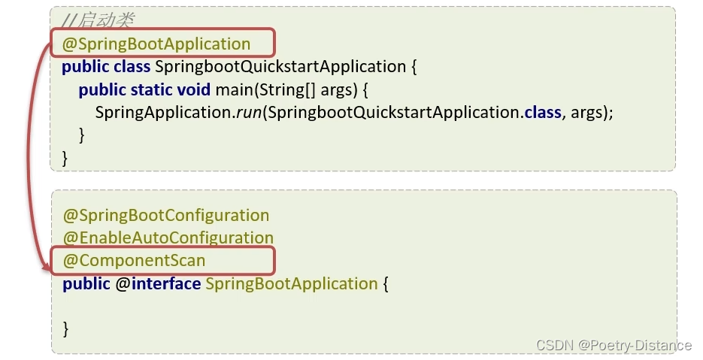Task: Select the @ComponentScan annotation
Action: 134,260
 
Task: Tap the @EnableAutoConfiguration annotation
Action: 168,238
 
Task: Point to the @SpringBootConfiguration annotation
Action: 165,216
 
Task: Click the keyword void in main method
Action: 194,89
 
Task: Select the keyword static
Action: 151,89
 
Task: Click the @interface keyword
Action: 158,283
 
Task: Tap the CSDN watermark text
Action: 554,345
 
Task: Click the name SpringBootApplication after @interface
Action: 291,283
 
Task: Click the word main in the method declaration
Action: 234,89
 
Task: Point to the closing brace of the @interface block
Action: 65,328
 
